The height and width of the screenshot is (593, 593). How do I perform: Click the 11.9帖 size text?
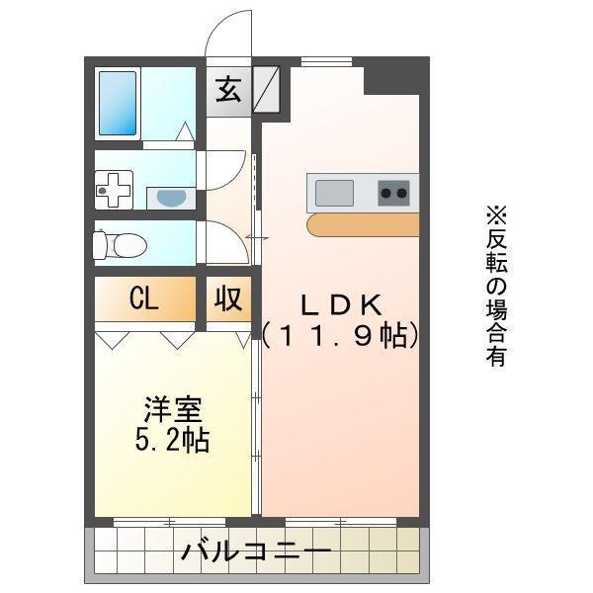(x=342, y=335)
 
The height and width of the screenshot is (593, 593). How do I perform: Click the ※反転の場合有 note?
(x=494, y=287)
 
